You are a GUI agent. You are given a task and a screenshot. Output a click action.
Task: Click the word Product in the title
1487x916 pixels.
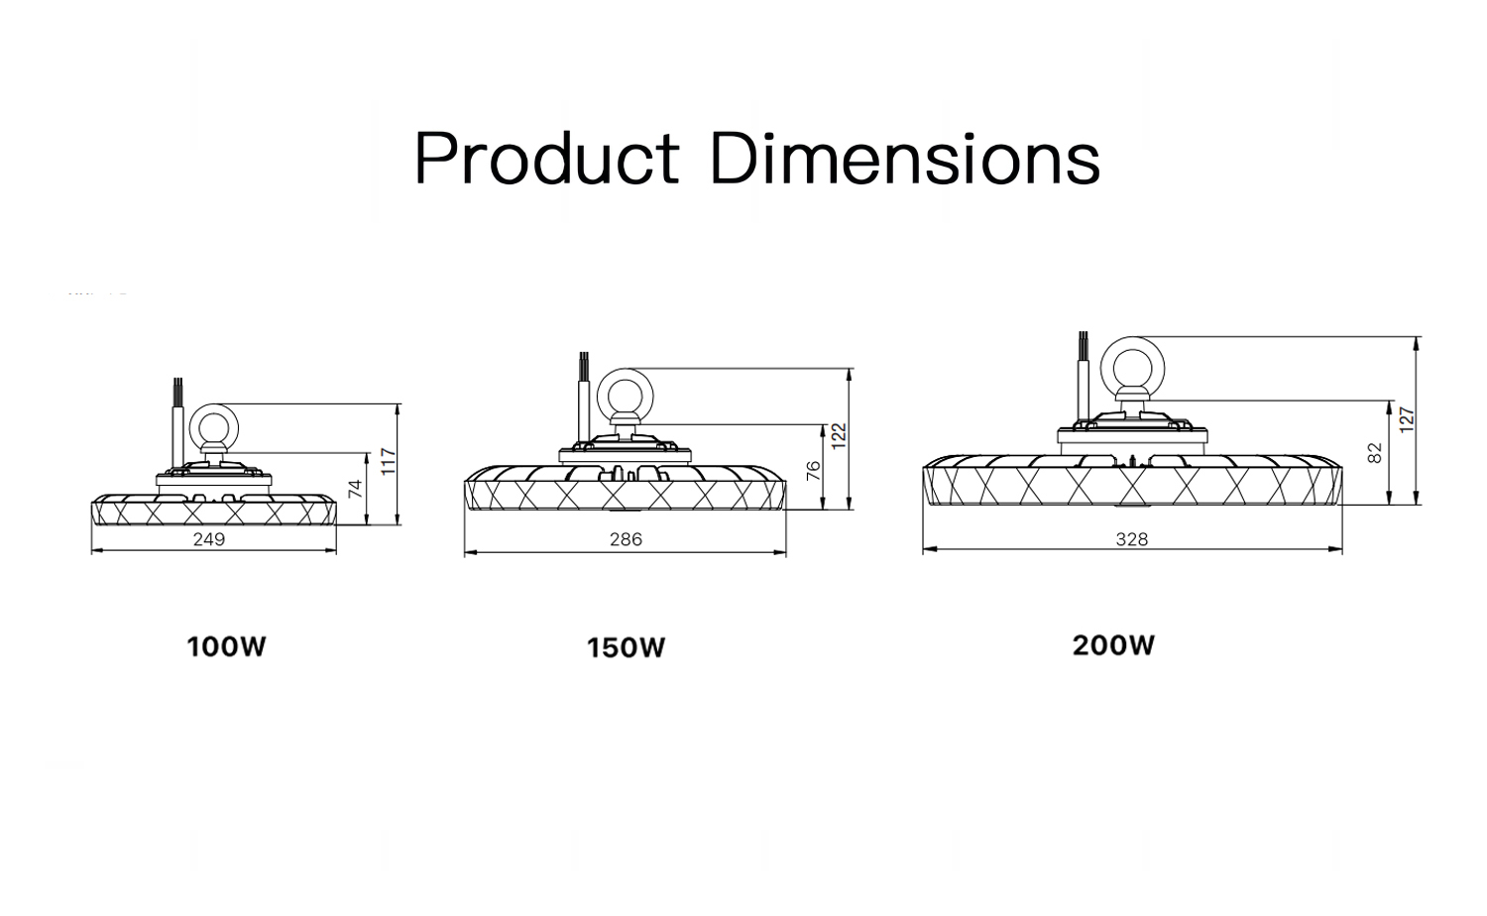(547, 158)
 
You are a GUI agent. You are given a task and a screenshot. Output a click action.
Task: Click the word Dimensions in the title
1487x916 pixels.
(905, 158)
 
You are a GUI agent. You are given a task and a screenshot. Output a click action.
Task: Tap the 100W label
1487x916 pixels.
(226, 646)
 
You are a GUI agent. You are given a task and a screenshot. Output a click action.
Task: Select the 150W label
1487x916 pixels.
(626, 647)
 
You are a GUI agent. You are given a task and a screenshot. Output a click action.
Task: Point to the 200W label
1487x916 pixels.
(1114, 645)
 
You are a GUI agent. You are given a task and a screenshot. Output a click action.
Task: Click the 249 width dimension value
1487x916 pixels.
(209, 539)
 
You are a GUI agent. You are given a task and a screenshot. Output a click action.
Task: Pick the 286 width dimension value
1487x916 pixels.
(626, 539)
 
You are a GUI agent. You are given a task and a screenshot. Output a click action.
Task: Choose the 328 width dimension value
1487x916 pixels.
(1132, 539)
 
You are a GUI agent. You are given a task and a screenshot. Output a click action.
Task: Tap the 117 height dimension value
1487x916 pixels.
(389, 461)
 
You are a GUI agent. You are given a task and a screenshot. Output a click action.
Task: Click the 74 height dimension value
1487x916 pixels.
(355, 489)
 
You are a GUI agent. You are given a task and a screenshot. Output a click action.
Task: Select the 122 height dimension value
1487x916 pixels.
(839, 436)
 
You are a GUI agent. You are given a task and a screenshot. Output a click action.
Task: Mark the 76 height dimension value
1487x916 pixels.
(813, 471)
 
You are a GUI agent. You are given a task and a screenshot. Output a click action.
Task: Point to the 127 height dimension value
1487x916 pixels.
(1407, 420)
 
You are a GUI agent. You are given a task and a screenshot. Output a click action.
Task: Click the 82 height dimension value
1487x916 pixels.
(1376, 453)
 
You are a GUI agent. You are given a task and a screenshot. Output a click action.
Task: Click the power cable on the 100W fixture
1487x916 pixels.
(177, 425)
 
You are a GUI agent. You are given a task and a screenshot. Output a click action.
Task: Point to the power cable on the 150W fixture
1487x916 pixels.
(584, 399)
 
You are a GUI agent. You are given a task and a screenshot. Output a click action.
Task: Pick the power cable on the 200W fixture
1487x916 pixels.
(1084, 377)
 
